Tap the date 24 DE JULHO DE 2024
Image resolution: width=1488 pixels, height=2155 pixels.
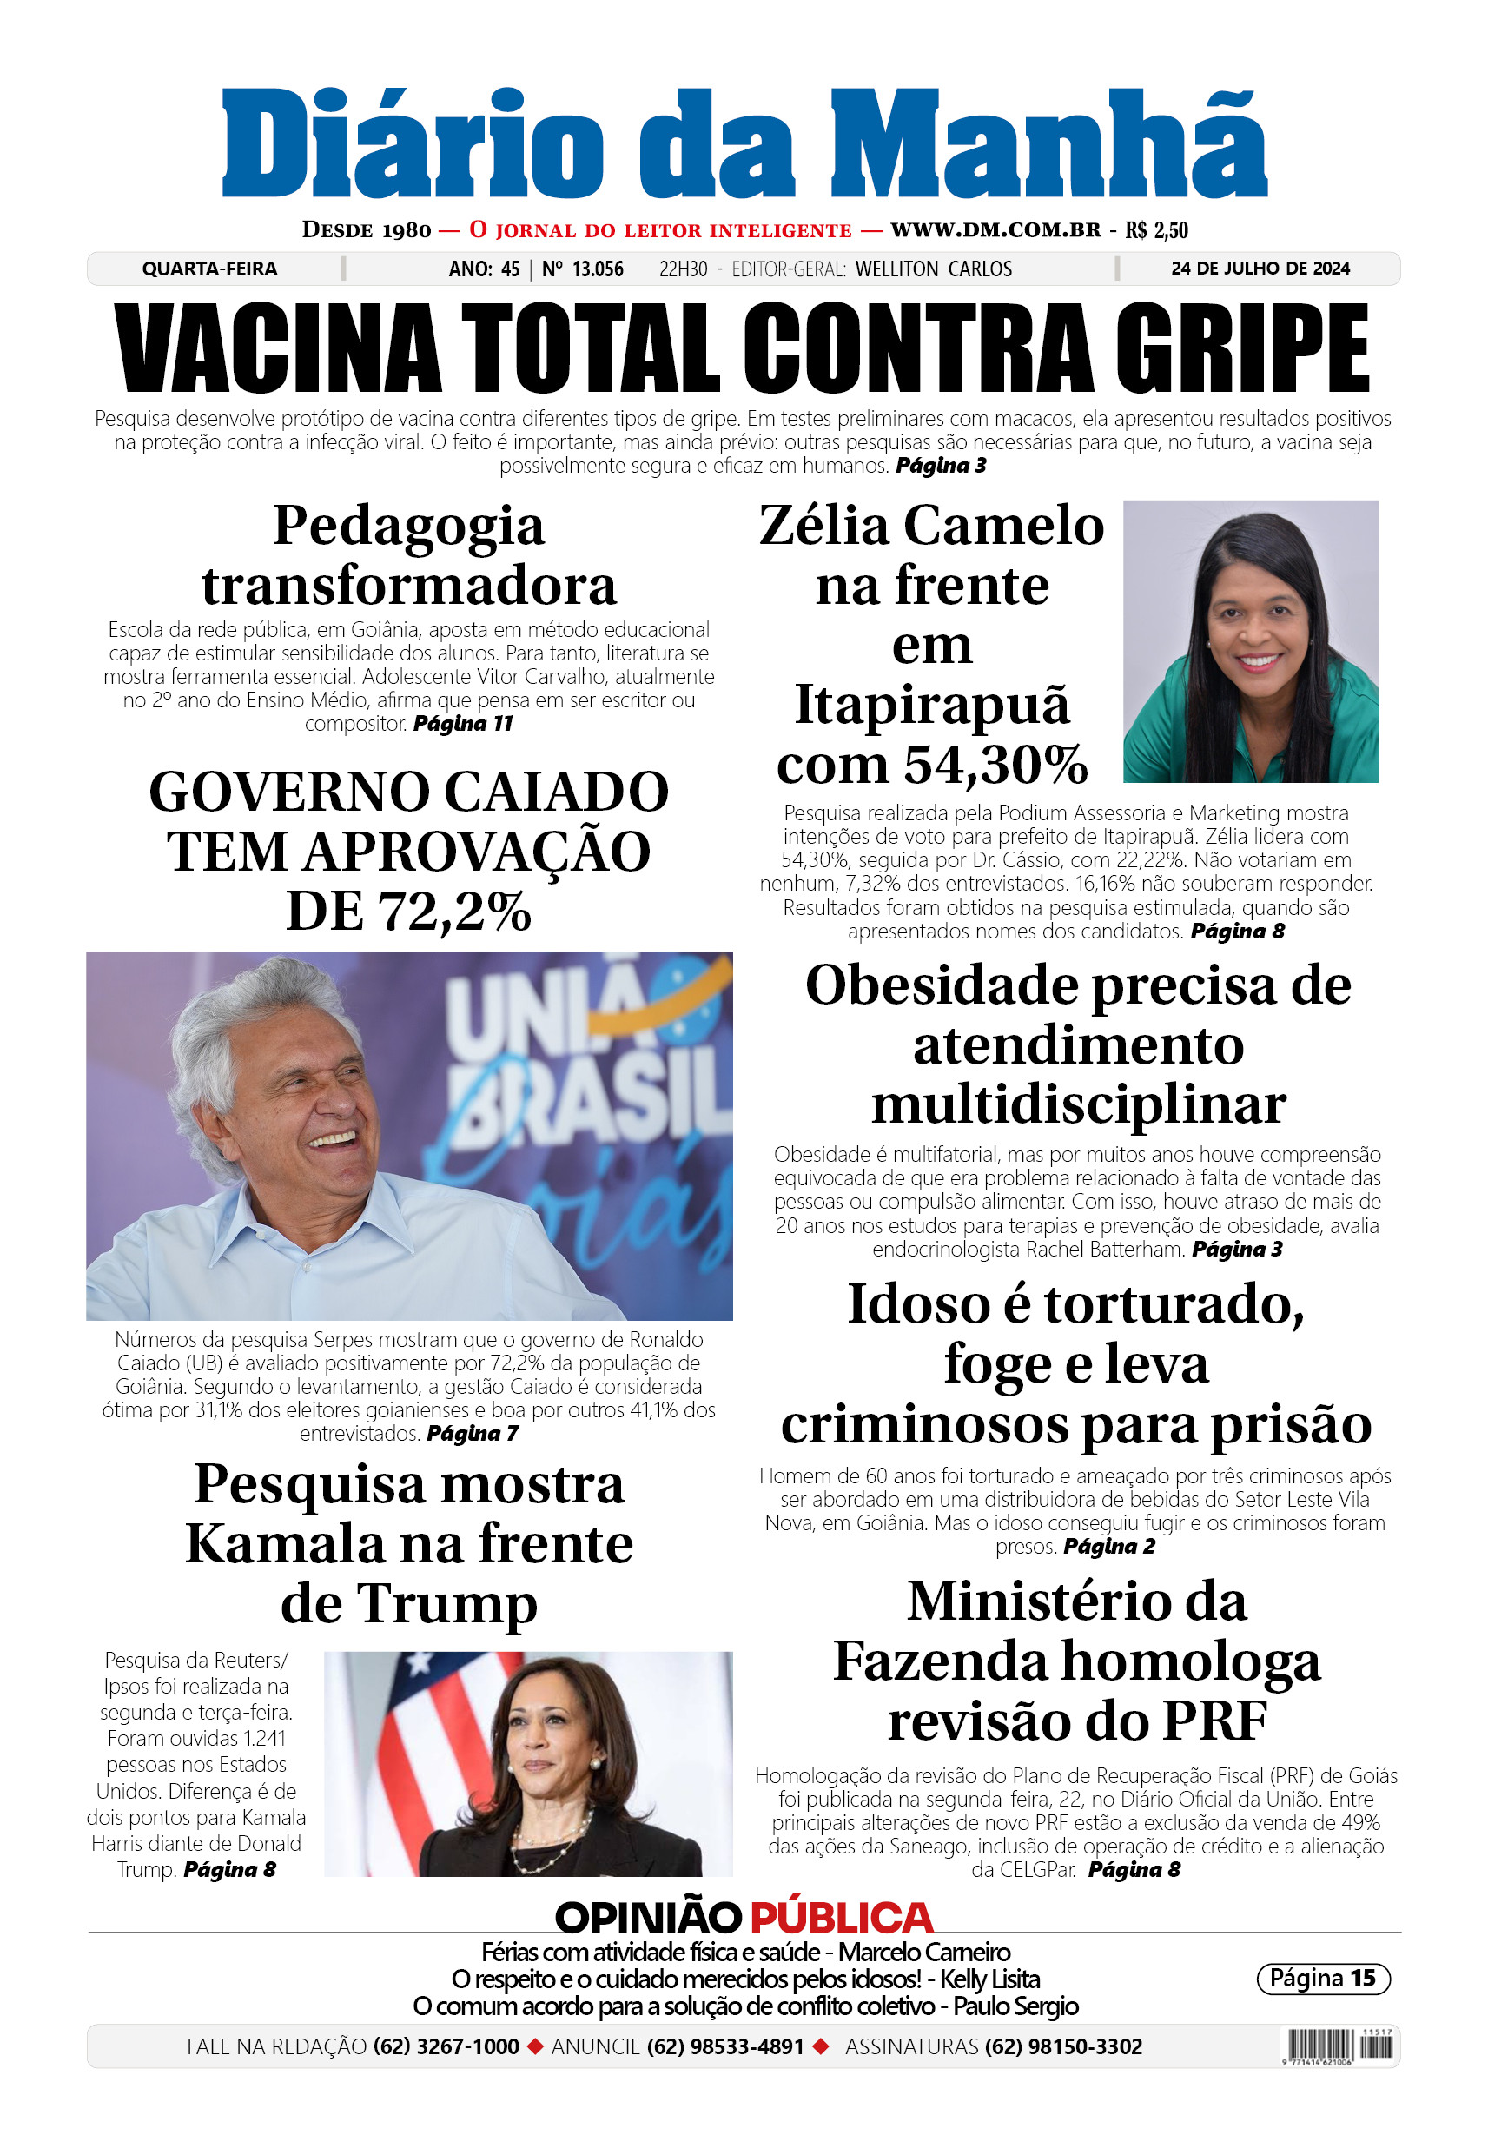(1260, 269)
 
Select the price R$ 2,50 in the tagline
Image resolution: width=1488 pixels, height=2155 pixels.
(1156, 230)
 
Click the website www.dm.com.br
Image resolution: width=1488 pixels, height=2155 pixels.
(995, 229)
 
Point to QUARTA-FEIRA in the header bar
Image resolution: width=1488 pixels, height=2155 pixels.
(209, 269)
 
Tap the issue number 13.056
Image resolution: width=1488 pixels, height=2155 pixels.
(597, 269)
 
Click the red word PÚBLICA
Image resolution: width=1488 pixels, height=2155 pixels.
(841, 1918)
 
